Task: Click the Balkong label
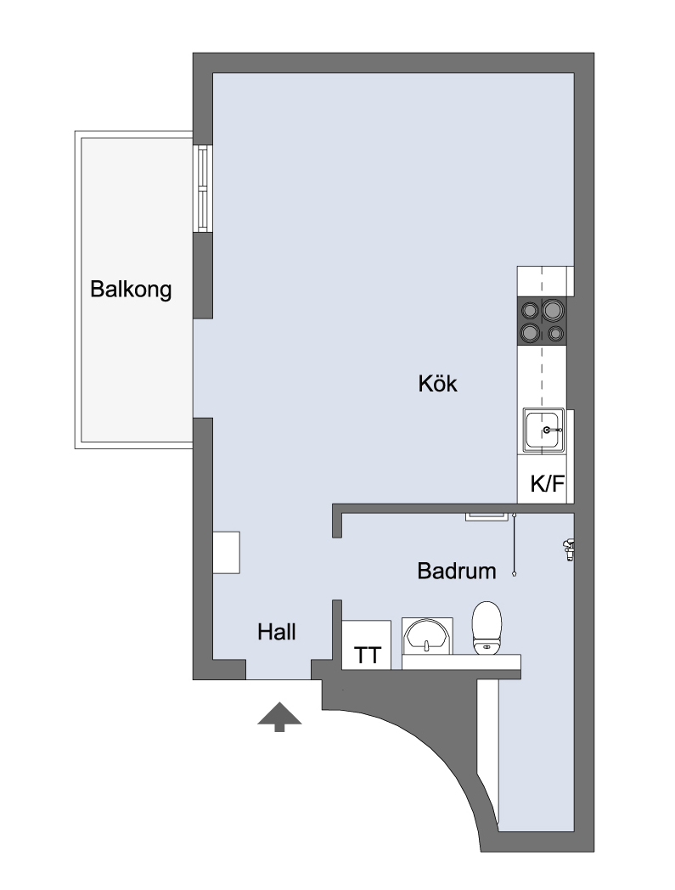[131, 290]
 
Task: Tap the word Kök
[438, 384]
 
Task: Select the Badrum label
[457, 571]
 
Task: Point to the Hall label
[277, 632]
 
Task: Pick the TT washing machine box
[367, 645]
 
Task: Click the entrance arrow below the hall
[279, 717]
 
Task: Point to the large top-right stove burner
[554, 310]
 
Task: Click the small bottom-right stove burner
[556, 333]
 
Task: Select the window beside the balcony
[203, 189]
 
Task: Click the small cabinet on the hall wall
[226, 552]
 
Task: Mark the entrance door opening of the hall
[278, 679]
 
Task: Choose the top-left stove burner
[530, 310]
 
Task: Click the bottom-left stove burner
[531, 332]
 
